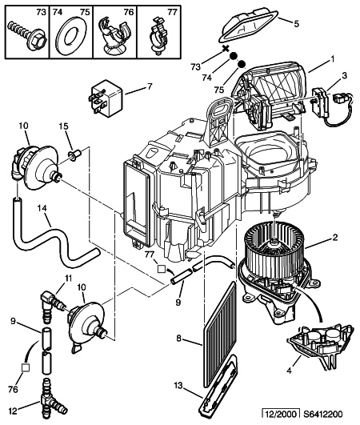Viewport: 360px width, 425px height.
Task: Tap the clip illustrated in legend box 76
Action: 114,36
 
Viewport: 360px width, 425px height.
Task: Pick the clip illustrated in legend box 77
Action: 158,35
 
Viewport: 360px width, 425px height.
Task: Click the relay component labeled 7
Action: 106,98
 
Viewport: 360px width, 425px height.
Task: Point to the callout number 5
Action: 296,24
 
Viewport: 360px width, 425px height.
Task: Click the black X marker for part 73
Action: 225,49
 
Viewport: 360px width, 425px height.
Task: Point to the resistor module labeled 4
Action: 320,346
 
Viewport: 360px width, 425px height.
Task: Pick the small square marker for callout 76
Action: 26,367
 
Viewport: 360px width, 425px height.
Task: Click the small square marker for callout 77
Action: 162,269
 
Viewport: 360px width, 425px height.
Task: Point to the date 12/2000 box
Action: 281,414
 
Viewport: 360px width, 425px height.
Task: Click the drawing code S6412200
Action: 322,414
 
